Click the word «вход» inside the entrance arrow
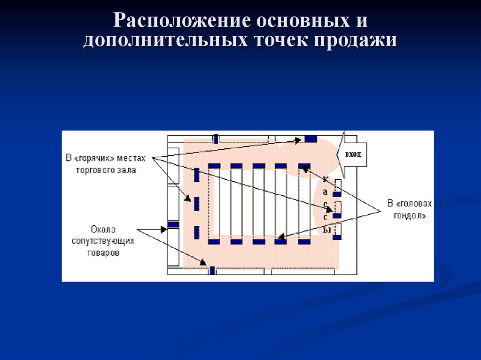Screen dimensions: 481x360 pos(353,154)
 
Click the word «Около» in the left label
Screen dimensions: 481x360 pos(103,230)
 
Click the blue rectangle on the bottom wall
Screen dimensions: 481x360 pos(212,270)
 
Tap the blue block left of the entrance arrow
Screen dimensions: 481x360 pos(310,138)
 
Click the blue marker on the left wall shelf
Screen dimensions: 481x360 pos(174,224)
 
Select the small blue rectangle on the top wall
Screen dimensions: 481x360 pos(216,138)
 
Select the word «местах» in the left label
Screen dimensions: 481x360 pos(132,158)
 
